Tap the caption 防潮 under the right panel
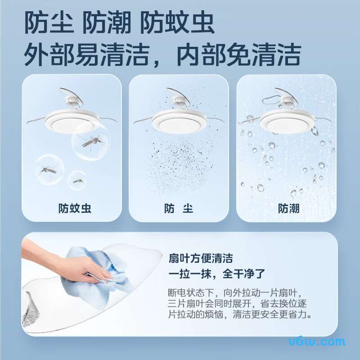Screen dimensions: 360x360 288,208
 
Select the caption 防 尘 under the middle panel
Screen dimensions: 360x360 179,208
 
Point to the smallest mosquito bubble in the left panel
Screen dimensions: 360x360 77,180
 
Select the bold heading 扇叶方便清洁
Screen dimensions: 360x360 201,258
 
